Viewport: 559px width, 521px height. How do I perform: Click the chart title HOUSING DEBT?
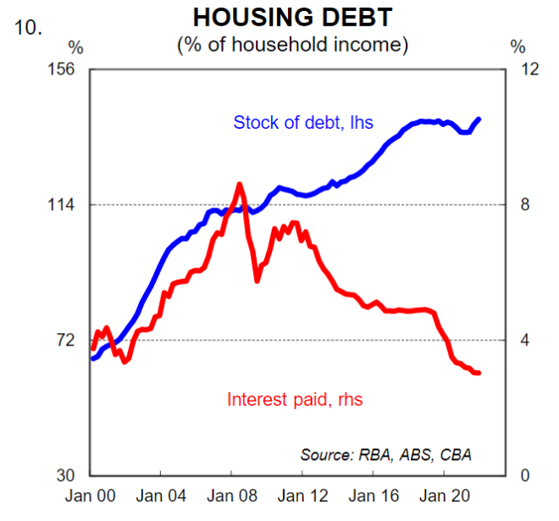click(x=292, y=18)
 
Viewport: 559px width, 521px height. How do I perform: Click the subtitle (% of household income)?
click(x=292, y=45)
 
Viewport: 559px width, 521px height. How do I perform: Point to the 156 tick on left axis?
click(x=66, y=69)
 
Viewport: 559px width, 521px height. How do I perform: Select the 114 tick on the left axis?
click(x=66, y=204)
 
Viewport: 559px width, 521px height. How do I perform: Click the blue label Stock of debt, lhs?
click(x=302, y=123)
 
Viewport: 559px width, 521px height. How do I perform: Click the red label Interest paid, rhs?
click(x=295, y=399)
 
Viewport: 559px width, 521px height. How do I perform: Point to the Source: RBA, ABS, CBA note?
click(x=385, y=454)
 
